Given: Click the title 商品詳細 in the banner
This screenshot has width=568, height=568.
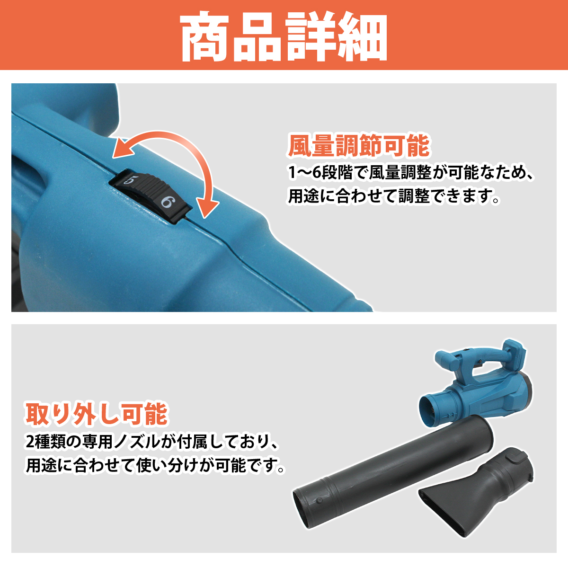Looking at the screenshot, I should tap(284, 36).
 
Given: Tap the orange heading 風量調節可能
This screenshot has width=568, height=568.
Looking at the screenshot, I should tap(358, 145).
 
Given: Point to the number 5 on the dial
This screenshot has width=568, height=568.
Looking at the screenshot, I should tap(130, 180).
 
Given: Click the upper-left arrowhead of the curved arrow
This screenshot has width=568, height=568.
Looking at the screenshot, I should tap(122, 149).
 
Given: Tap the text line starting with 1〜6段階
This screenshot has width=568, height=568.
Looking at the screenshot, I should tap(411, 173).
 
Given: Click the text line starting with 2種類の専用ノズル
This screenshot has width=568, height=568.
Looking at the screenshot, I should tap(151, 442).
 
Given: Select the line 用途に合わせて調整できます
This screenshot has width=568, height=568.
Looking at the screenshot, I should tap(394, 196).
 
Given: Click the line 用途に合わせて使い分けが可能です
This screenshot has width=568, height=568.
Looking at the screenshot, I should tap(156, 465).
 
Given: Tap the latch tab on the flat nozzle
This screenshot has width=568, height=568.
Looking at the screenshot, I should tap(515, 458).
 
